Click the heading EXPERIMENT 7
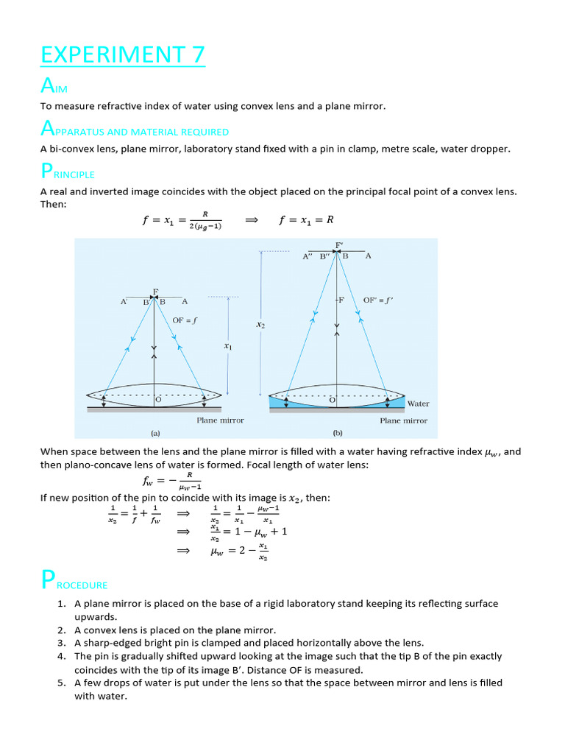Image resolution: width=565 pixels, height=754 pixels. tap(122, 55)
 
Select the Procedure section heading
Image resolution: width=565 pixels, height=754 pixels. tap(74, 582)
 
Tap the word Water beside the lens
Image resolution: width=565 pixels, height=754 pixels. tap(418, 404)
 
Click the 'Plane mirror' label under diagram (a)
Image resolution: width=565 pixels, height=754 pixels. tap(220, 420)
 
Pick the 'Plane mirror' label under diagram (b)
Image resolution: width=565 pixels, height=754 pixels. tap(403, 420)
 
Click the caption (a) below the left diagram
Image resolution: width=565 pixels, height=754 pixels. tap(155, 434)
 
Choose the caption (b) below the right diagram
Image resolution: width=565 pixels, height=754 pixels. tap(338, 434)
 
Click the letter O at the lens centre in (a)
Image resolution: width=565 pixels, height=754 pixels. tap(157, 399)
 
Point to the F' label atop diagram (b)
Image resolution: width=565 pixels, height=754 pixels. tap(339, 244)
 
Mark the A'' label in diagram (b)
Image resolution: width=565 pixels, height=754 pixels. tap(308, 256)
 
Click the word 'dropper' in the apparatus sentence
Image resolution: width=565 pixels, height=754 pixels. tap(488, 149)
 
